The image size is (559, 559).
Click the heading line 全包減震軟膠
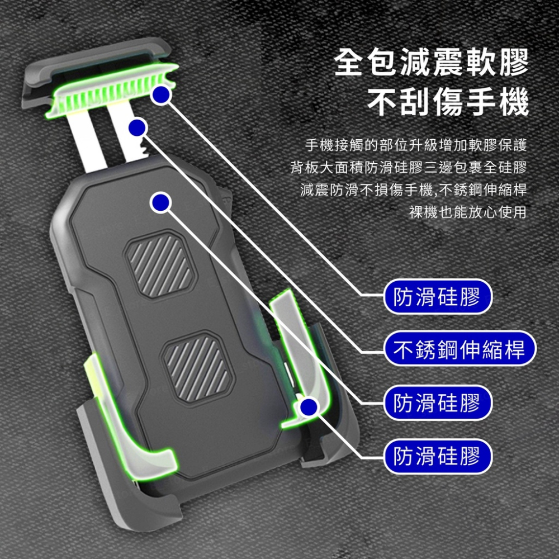tap(431, 63)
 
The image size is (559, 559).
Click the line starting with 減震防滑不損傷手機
tap(414, 190)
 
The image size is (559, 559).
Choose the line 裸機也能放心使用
tap(468, 212)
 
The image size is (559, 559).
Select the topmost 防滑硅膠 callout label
tap(437, 297)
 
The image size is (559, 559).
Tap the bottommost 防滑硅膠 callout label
tap(437, 456)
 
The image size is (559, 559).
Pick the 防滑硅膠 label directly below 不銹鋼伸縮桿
tap(437, 402)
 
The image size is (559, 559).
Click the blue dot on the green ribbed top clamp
tap(161, 94)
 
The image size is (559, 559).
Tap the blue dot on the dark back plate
tap(161, 202)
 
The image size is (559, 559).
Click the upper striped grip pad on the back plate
tap(158, 264)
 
